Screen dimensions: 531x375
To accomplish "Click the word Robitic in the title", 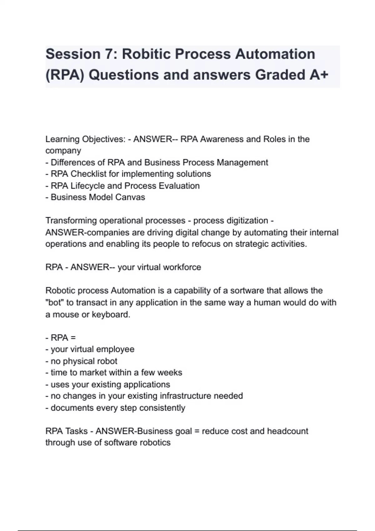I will (x=146, y=54).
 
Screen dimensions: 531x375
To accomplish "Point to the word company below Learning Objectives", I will (x=63, y=151).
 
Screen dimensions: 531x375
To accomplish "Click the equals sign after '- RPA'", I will (x=73, y=338).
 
